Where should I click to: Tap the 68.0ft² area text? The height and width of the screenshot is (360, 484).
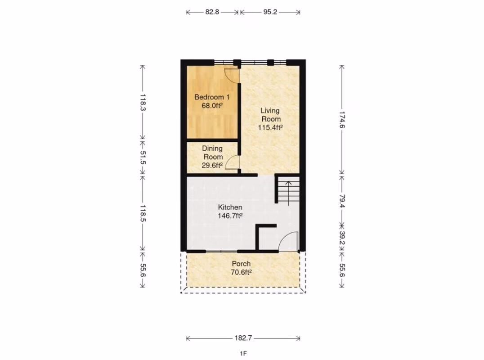click(212, 106)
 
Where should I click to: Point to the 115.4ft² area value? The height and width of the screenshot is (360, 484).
click(270, 127)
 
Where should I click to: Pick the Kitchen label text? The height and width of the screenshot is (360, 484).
click(230, 207)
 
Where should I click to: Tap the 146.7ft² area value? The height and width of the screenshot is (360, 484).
click(230, 216)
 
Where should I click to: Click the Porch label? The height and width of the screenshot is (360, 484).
click(241, 264)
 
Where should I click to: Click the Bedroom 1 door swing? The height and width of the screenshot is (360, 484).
click(231, 75)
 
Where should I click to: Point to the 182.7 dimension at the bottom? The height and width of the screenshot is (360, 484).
click(243, 338)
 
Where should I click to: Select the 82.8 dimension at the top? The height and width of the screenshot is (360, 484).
click(212, 12)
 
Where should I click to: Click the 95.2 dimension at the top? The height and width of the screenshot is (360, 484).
click(270, 12)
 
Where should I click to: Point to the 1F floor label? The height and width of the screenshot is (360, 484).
click(243, 354)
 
